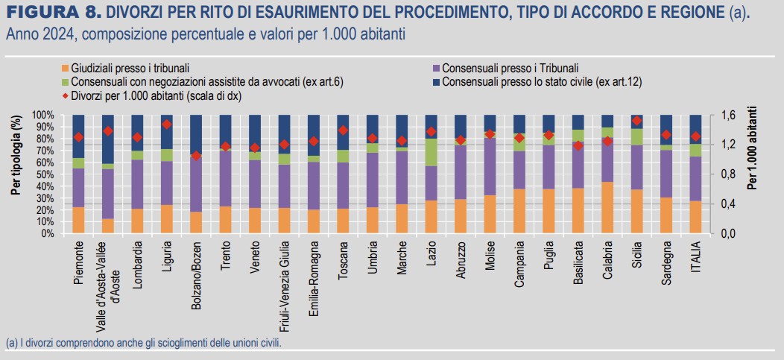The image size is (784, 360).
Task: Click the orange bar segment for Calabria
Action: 608,208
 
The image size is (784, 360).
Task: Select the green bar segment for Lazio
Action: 431,152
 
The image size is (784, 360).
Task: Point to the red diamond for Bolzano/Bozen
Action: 196,156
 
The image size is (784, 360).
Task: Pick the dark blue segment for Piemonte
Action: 78,136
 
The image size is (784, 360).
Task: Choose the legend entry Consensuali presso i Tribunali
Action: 510,67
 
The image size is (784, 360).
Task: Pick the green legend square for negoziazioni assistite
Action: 66,80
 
